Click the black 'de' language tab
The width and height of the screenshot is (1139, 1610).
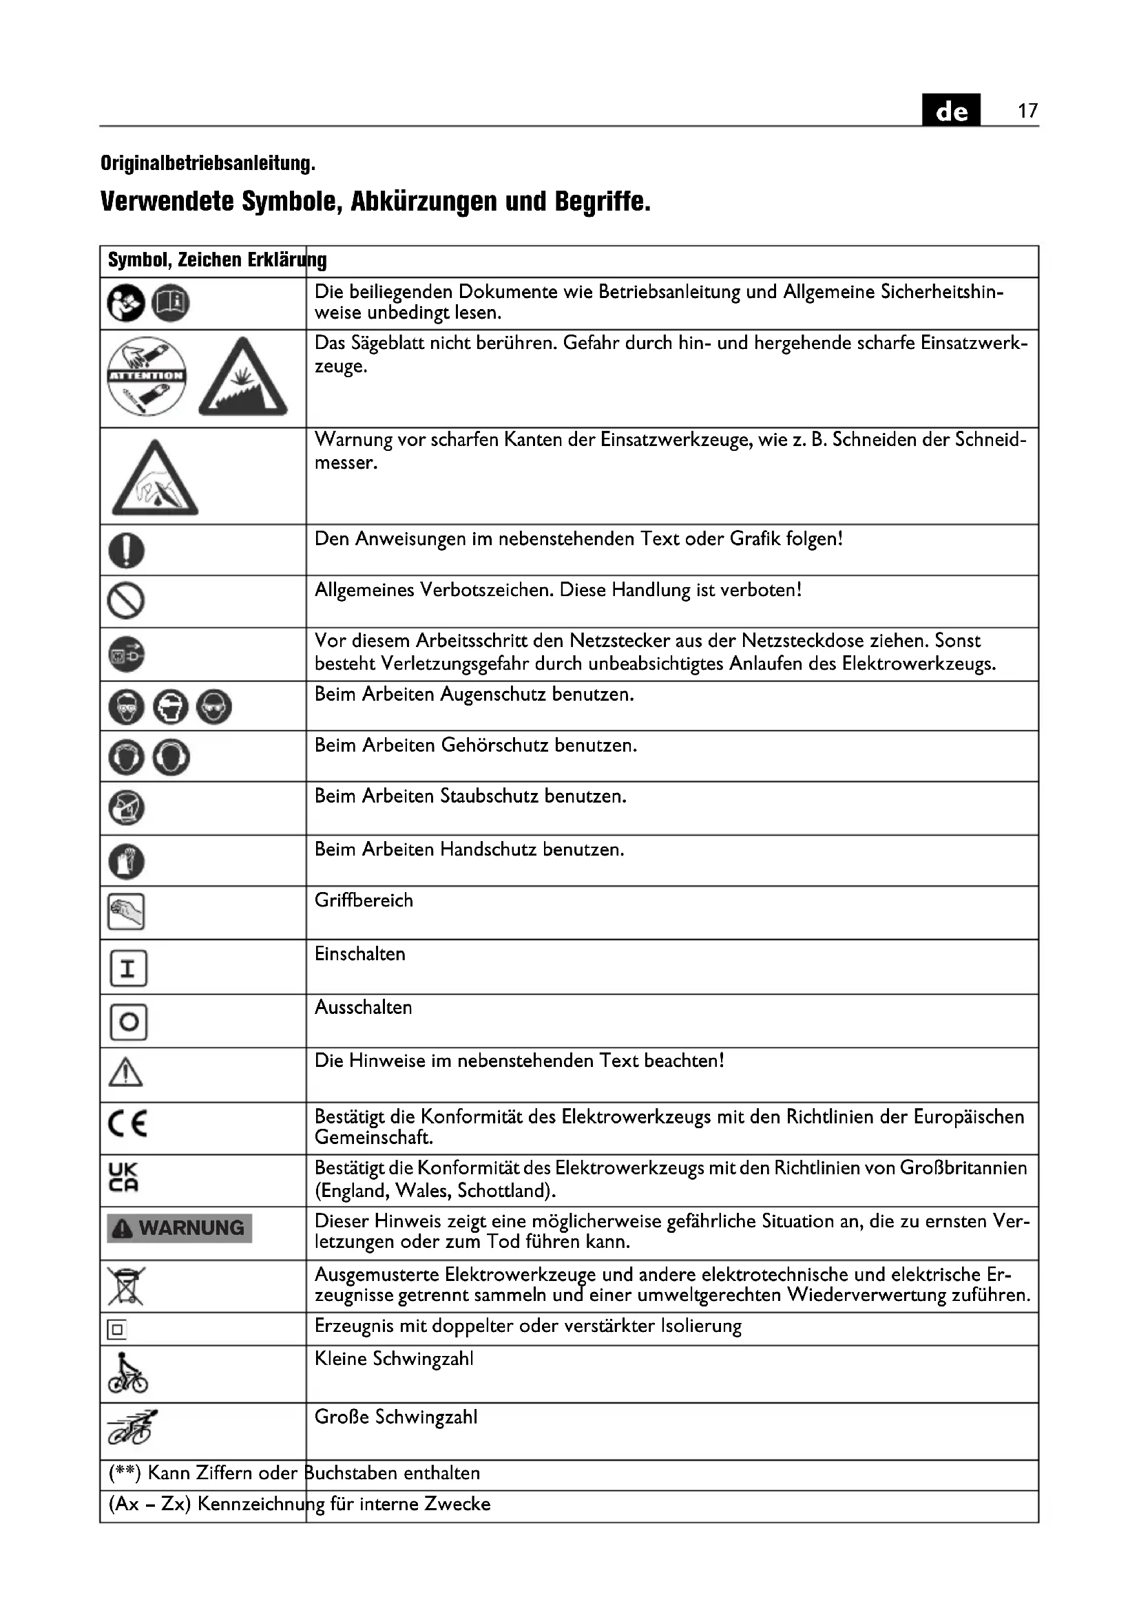click(951, 111)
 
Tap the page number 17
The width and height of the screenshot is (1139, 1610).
click(1027, 111)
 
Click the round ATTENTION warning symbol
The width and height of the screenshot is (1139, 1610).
click(147, 376)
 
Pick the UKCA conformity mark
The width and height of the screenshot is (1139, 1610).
click(123, 1177)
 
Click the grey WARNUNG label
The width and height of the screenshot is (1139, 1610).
click(180, 1228)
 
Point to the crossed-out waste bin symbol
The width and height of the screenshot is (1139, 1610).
click(126, 1285)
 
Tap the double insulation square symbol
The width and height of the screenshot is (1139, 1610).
click(116, 1330)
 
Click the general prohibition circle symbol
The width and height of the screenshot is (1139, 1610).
click(126, 601)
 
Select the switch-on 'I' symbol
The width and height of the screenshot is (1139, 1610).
click(128, 969)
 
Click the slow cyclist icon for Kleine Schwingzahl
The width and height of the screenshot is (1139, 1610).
click(127, 1374)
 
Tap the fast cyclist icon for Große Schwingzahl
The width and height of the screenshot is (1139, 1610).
click(131, 1428)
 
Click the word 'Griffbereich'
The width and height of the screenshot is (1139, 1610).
click(364, 900)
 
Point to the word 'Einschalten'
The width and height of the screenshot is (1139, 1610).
click(359, 953)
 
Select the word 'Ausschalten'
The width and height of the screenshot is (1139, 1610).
click(364, 1007)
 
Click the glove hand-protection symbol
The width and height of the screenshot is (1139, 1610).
click(126, 861)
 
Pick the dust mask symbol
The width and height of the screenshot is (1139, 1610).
click(126, 808)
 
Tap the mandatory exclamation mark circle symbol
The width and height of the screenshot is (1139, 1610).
click(126, 550)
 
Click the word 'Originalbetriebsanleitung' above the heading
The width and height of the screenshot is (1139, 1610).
click(207, 163)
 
